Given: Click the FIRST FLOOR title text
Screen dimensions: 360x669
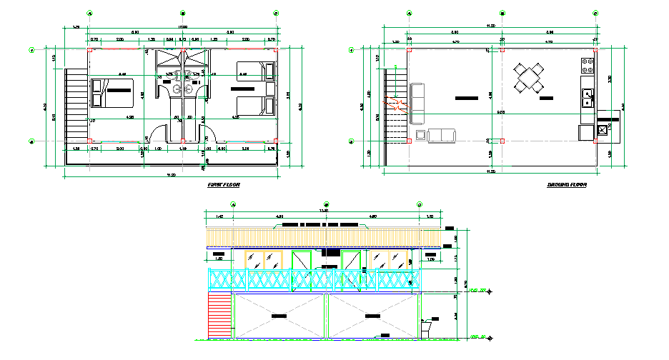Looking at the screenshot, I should click(223, 185).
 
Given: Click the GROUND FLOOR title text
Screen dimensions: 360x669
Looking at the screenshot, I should click(567, 185).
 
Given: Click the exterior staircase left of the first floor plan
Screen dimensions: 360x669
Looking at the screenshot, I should click(74, 104).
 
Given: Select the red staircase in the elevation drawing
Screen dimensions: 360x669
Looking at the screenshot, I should click(219, 316).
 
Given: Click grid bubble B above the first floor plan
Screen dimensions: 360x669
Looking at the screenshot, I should click(182, 13).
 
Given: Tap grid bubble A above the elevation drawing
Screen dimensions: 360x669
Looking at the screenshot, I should click(233, 204).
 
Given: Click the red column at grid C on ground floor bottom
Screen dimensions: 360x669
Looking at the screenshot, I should click(595, 141).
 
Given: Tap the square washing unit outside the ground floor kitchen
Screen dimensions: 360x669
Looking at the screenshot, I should click(602, 129).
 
